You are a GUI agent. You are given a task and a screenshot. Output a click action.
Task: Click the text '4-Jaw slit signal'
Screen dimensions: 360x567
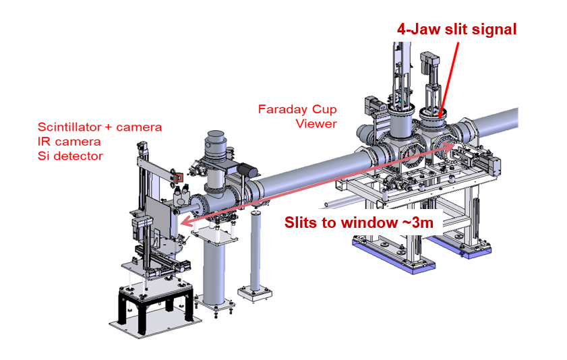(x=457, y=30)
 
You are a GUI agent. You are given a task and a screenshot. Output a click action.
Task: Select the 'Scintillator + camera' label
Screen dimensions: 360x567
(x=100, y=127)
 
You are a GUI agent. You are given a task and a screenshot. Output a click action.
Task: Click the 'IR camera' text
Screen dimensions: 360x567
(x=69, y=142)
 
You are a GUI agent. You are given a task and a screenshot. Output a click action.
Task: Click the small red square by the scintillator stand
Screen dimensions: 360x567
(x=179, y=178)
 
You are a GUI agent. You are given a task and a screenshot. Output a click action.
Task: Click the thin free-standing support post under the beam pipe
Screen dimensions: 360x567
(x=254, y=249)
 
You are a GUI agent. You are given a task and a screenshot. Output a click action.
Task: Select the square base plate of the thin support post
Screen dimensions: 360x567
(x=256, y=293)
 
